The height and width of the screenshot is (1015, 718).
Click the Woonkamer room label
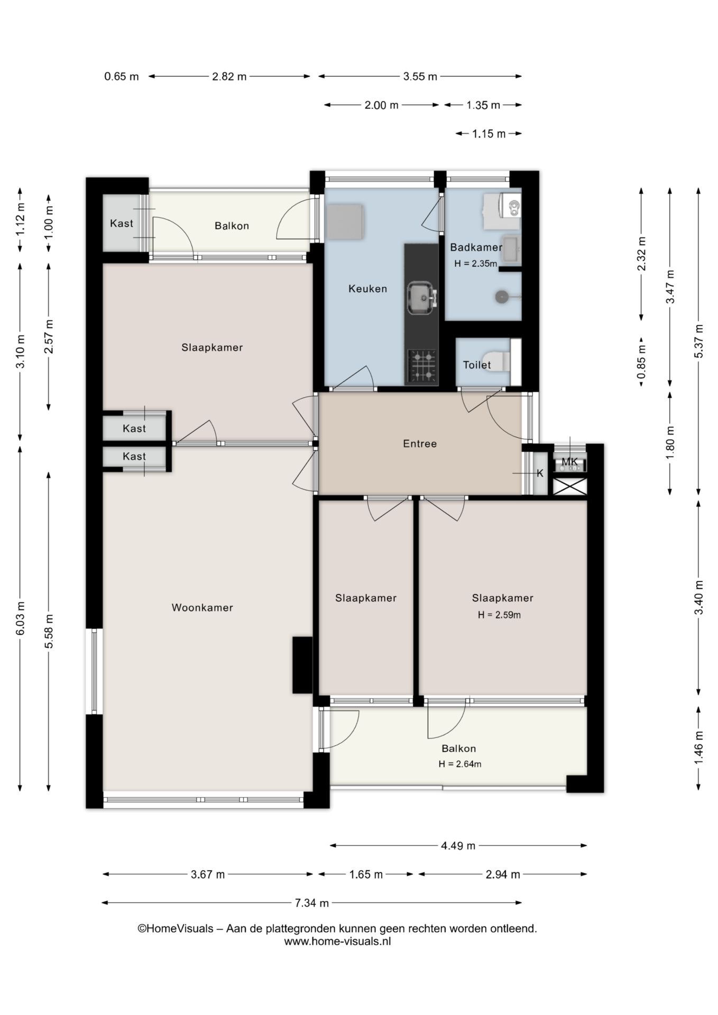point(202,608)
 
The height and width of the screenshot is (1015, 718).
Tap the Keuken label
point(367,289)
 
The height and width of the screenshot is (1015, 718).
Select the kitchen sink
point(421,298)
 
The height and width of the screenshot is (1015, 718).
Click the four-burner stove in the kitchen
point(422,366)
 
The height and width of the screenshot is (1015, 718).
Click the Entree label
point(420,444)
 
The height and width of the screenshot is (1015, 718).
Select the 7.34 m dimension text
point(312,903)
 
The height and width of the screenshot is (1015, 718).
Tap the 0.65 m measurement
point(121,77)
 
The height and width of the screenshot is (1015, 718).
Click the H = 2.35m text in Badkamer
point(475,263)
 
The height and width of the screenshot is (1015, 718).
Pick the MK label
point(569,462)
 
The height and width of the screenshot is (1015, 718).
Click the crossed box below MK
point(570,486)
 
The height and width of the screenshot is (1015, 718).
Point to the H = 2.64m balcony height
point(459,764)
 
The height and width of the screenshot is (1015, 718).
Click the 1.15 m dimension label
point(489,134)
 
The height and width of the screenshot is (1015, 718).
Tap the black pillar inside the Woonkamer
point(302,665)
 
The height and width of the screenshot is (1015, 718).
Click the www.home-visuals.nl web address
point(337,942)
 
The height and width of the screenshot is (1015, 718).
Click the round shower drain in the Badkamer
point(501,297)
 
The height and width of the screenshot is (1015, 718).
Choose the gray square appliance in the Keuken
point(346,222)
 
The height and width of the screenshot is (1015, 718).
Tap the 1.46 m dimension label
point(699,746)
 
